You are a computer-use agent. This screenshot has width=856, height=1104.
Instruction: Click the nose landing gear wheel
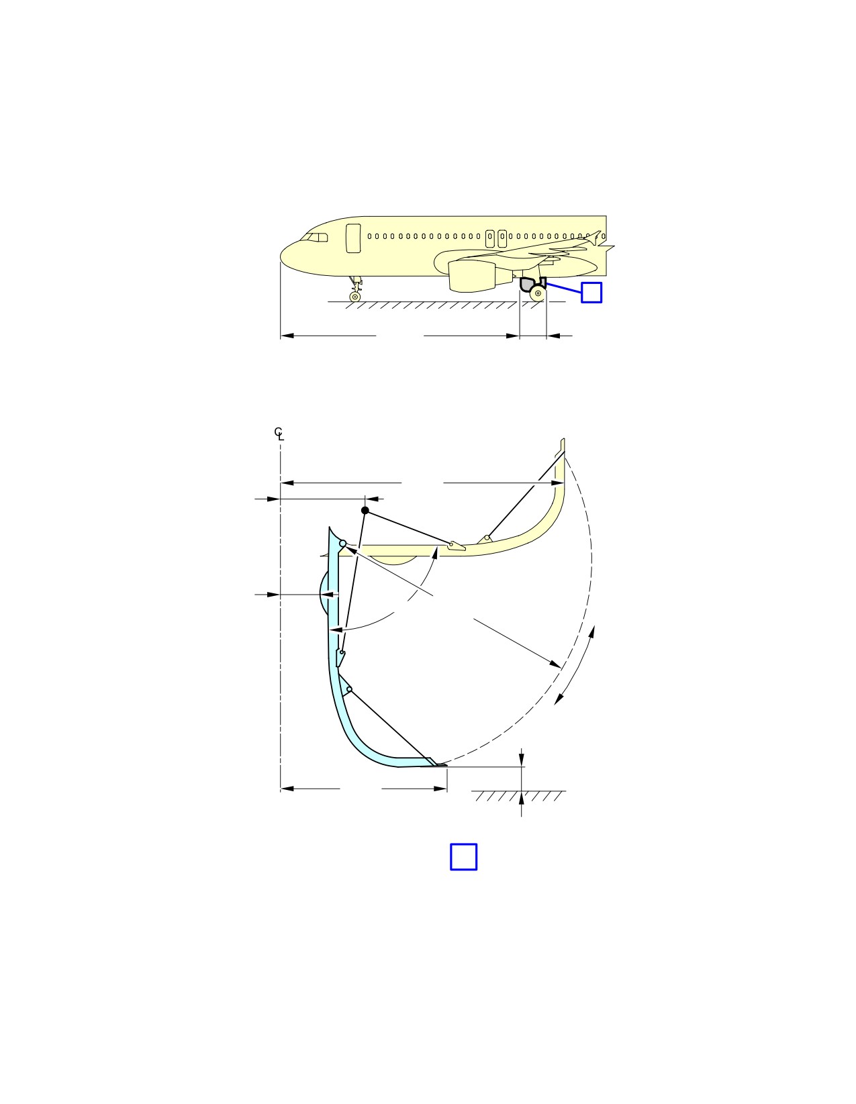(x=354, y=297)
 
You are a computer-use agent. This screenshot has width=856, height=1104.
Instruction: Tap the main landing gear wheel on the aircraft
(x=538, y=293)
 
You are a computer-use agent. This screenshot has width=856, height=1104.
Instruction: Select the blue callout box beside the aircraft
(x=591, y=293)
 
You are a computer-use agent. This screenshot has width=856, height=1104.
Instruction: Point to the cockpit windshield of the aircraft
(x=315, y=238)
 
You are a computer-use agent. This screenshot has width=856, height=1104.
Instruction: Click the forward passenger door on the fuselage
(x=353, y=238)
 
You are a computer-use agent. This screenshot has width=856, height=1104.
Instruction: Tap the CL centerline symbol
(x=279, y=434)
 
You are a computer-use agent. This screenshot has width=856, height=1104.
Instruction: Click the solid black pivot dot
(x=365, y=510)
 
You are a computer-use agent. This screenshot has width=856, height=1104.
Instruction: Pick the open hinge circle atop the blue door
(x=343, y=544)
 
